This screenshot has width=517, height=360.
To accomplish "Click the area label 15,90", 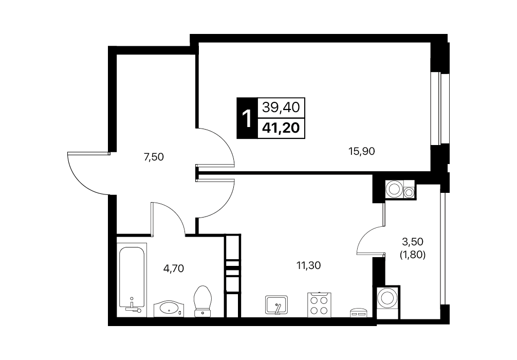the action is point(362,152).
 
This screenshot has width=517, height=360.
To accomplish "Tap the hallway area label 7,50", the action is point(154,157).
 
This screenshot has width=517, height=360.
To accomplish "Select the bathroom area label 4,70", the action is point(173,268).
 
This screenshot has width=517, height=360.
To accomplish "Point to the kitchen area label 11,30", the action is point(309,265).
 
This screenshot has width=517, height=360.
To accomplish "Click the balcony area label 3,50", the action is point(413,242).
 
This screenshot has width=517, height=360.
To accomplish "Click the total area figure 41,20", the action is point(281,128).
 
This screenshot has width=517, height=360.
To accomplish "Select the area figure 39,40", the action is point(281,107).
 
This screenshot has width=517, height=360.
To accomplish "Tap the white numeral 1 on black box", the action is point(247,118).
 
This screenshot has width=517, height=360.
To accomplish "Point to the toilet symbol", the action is point(203,301).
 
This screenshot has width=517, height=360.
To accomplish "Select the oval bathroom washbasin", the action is point(169,309).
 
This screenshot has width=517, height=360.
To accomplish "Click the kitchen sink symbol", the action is point(276,304).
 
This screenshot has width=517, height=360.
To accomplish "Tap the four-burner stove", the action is point(319,305).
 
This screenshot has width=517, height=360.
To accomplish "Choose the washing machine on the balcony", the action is point(388,302).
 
